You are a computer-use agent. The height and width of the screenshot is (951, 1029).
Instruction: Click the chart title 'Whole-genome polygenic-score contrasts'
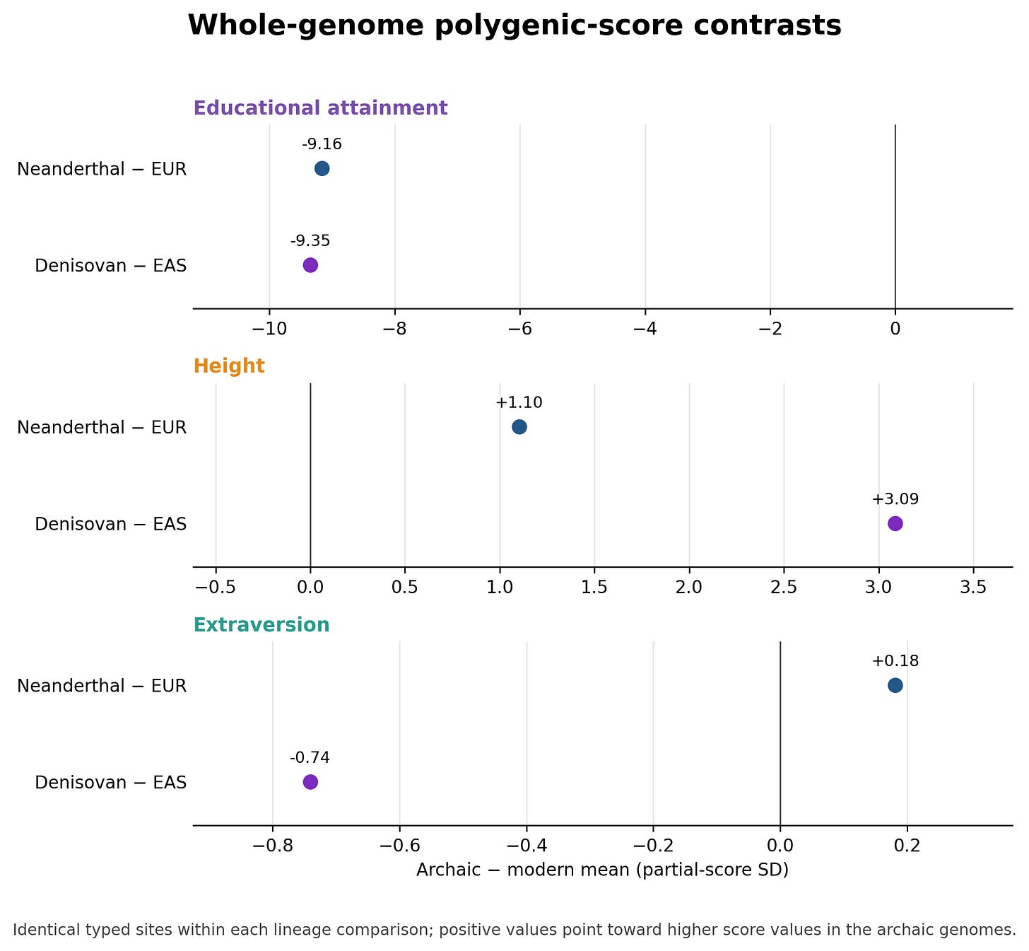coord(514,25)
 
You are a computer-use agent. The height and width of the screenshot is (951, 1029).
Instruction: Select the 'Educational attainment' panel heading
coord(320,108)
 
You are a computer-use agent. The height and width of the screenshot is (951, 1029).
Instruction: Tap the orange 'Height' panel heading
coord(229,366)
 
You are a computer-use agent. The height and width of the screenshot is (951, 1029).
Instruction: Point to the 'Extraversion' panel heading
coord(261,625)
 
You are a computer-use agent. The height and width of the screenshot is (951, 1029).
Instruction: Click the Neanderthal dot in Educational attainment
coord(322,168)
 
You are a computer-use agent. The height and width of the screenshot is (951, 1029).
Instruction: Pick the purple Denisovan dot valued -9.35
coord(310,265)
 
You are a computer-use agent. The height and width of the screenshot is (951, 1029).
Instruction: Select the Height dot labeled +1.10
coord(519,427)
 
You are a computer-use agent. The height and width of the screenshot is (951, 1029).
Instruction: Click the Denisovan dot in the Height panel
coord(895,524)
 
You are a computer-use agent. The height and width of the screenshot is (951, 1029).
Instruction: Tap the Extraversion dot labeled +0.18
coord(895,686)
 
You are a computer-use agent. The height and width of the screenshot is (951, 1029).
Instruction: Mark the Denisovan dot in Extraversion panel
coord(310,782)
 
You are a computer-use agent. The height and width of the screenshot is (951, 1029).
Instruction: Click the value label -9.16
coord(322,144)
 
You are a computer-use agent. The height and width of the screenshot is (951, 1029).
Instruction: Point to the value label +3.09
coord(895,499)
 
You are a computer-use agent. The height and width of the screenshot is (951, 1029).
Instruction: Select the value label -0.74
coord(310,757)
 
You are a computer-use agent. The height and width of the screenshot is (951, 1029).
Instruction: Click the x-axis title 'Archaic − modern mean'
coord(523,870)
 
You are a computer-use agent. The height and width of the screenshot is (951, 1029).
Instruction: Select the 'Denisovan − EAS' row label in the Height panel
coord(110,524)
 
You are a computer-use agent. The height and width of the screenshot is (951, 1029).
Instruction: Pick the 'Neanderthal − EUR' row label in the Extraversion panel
coord(102,686)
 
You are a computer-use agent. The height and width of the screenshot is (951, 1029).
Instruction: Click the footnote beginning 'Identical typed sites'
coord(514,930)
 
